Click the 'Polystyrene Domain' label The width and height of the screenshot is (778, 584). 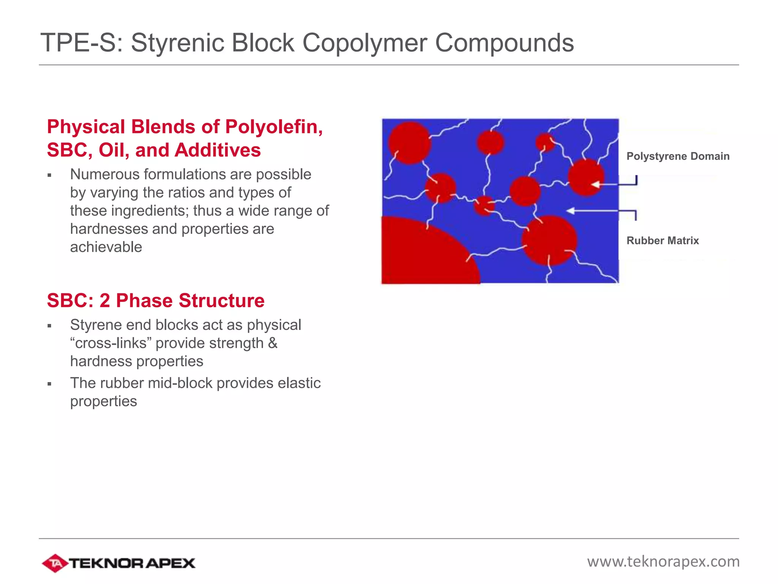click(678, 156)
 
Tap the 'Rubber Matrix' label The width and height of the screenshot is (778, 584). click(663, 241)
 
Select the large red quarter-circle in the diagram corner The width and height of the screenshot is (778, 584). click(422, 255)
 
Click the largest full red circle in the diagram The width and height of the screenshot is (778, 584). click(549, 240)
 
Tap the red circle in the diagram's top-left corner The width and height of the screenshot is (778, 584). click(409, 143)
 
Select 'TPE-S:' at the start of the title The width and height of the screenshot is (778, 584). click(82, 43)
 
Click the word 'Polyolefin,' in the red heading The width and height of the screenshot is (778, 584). click(274, 127)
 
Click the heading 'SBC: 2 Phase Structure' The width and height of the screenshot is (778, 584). click(155, 300)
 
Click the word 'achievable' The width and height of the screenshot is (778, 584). click(106, 247)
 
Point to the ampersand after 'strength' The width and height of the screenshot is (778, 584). click(273, 343)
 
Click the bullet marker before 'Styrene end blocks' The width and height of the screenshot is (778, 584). click(49, 326)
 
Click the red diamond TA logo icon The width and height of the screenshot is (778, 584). click(55, 563)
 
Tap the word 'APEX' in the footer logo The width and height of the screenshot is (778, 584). click(170, 563)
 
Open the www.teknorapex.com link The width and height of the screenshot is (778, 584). click(663, 562)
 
